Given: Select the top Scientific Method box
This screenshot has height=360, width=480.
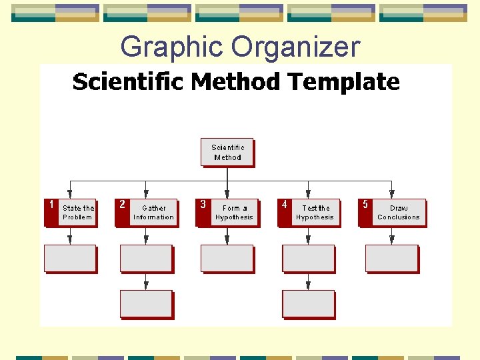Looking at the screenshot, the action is coord(227,152).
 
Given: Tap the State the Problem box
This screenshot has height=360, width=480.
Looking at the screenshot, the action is coord(78,213).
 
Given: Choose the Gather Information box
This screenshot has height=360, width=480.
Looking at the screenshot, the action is coord(154,213).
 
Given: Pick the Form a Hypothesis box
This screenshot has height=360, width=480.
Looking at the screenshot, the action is coord(234,213).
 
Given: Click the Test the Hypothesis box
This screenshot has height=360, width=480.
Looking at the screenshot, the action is coord(315,213).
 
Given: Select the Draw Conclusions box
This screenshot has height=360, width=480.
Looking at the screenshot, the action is coord(399,213).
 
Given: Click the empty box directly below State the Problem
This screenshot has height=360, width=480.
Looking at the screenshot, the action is coord(70,259).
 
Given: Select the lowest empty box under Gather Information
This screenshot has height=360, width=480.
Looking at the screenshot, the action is coord(146,303).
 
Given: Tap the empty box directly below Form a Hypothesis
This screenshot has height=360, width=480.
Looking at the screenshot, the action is coord(227,259).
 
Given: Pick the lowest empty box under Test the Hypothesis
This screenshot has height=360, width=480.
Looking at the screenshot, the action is coord(308,303).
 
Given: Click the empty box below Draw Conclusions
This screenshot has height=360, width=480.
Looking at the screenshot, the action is coord(391,259).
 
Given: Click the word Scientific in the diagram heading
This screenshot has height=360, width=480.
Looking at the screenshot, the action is coord(128,82).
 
